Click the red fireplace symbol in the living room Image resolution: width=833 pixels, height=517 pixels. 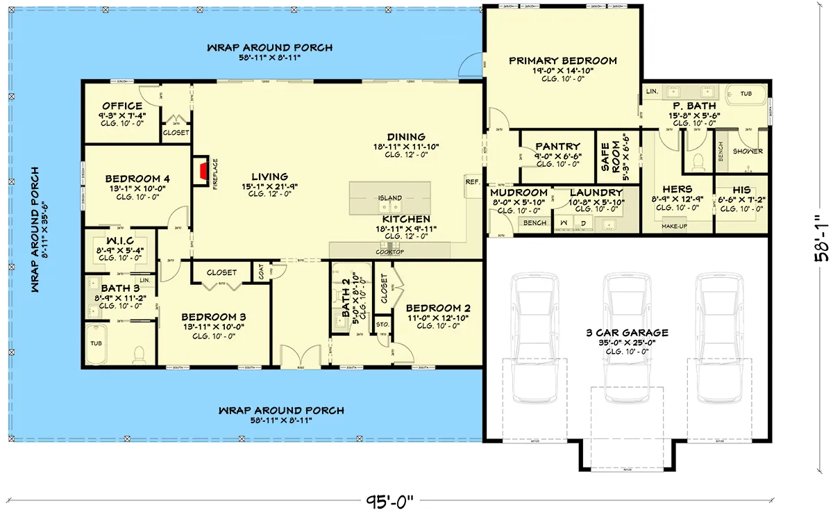click(x=201, y=172)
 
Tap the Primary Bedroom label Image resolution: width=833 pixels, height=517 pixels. click(x=562, y=61)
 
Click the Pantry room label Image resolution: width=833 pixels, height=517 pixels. click(x=557, y=147)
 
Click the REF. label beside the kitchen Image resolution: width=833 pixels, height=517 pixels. click(x=473, y=181)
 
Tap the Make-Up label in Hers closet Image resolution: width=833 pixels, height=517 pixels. click(x=675, y=227)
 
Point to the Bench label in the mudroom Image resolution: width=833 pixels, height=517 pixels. click(x=535, y=223)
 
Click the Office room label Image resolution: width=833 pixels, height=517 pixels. click(x=122, y=106)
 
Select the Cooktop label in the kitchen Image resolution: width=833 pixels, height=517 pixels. click(x=389, y=252)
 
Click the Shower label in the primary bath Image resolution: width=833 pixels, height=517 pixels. click(x=748, y=151)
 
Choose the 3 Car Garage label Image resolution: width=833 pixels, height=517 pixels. click(x=626, y=333)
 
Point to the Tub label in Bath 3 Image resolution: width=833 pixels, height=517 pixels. click(x=95, y=343)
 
